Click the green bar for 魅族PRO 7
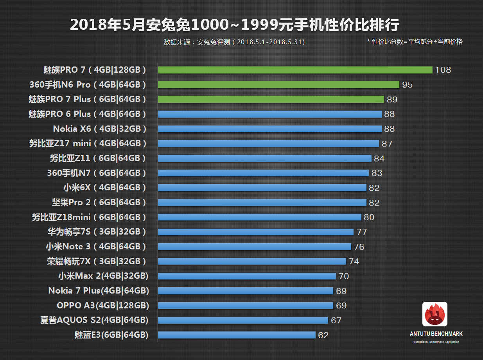295,70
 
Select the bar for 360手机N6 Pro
278,85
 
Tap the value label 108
443,70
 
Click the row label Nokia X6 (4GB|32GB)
100,129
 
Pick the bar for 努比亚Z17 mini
268,143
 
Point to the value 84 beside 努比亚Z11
379,158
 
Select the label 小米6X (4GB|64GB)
104,188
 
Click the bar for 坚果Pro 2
262,202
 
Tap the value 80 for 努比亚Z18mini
369,217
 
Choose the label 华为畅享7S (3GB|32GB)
97,232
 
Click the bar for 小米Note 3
254,247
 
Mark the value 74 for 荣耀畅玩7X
354,261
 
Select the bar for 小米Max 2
247,276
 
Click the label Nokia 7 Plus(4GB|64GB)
99,291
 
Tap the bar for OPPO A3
245,306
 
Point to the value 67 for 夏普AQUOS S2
336,321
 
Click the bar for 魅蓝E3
237,335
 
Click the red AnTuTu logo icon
435,314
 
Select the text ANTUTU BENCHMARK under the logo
436,334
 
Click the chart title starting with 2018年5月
235,25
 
